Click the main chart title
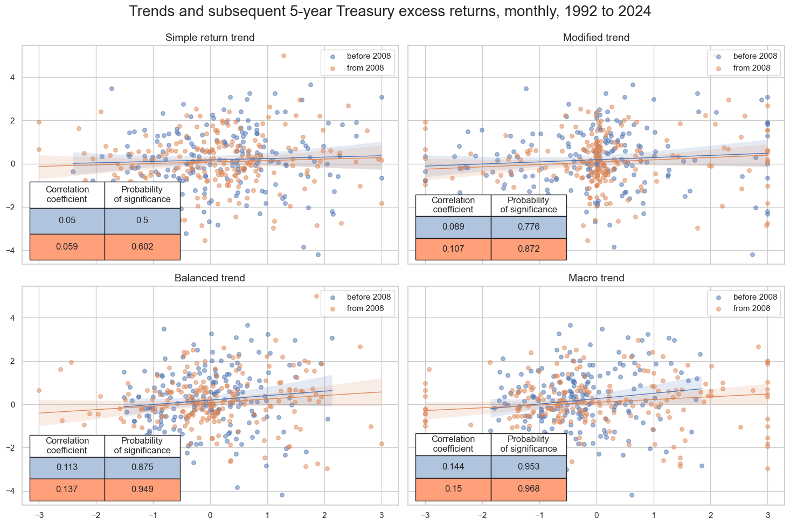point(390,11)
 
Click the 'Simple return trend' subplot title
point(210,38)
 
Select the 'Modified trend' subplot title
point(596,38)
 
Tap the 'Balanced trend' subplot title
point(210,278)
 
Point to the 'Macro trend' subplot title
point(596,278)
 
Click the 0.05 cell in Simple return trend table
point(67,220)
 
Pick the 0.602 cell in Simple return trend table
point(142,247)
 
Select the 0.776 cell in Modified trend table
point(528,227)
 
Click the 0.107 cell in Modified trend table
point(453,249)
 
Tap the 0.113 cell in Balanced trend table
point(67,467)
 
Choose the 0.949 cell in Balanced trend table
point(142,489)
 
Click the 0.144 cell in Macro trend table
point(453,467)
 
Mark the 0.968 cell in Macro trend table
point(528,489)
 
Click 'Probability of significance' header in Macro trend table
point(528,444)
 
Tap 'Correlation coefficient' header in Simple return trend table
point(67,195)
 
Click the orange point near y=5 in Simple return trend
point(283,56)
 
